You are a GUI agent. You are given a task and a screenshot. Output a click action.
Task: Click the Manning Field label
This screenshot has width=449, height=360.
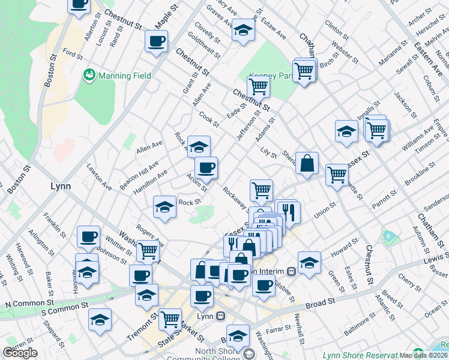125,76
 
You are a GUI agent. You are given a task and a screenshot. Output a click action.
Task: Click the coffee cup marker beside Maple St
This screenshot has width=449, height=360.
157,41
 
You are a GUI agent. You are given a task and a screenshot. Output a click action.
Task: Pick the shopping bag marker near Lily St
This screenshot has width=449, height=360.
307,163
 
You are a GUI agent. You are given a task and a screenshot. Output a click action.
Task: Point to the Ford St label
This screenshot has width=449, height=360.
72,54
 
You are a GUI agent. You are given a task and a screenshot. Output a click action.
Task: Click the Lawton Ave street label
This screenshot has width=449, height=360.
99,178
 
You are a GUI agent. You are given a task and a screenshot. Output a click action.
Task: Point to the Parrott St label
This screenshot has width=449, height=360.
384,197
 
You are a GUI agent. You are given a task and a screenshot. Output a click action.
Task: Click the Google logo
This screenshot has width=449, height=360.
20,353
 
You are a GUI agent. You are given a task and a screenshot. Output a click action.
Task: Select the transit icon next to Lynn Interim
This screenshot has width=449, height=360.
291,271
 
